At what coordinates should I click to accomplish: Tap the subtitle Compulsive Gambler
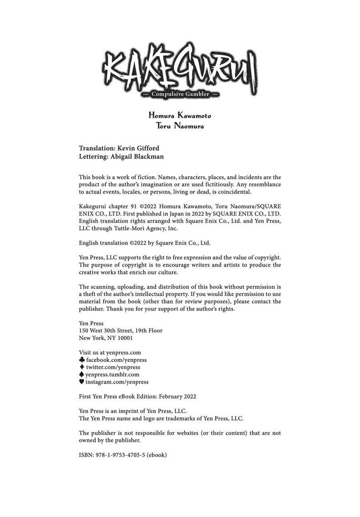[180, 94]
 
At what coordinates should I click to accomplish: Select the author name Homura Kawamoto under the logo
[180, 116]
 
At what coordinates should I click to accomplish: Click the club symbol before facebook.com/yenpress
[82, 360]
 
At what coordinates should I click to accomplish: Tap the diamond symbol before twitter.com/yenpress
[82, 367]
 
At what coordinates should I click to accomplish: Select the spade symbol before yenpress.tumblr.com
[82, 374]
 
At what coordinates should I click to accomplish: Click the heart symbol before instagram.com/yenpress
[82, 382]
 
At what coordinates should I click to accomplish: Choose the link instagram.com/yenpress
[117, 382]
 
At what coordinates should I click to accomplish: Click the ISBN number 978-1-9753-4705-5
[120, 455]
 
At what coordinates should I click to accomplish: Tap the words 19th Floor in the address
[149, 330]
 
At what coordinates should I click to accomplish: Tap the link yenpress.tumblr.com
[112, 374]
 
